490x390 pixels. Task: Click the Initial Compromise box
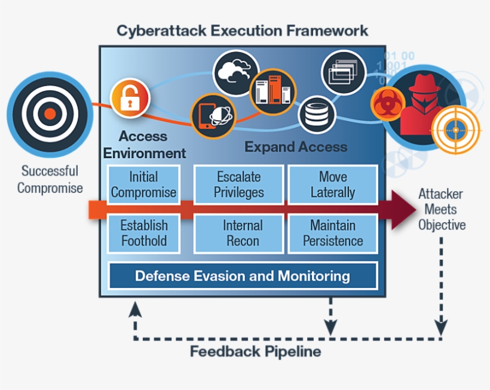click(143, 185)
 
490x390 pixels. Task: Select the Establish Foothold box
click(143, 234)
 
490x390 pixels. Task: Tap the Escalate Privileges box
click(238, 185)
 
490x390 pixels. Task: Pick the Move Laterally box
click(333, 185)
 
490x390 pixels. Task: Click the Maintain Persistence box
click(333, 234)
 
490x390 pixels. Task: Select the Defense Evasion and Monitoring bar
click(242, 276)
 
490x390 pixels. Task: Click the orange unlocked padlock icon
click(130, 97)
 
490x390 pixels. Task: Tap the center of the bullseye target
click(50, 113)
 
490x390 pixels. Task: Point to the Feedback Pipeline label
click(255, 351)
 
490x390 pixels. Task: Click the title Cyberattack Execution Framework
click(242, 30)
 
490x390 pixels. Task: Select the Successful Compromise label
click(50, 180)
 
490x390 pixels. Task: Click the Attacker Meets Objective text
click(441, 210)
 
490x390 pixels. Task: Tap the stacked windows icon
click(344, 72)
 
